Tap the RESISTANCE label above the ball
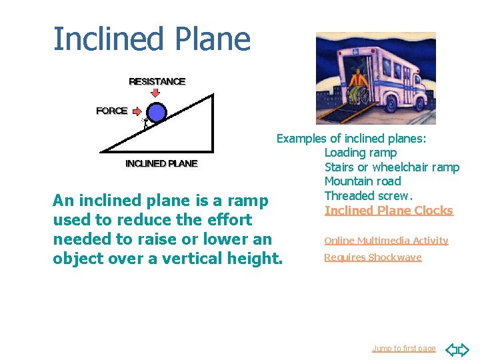[x=157, y=81]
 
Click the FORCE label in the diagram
[x=111, y=111]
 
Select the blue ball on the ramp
[x=156, y=113]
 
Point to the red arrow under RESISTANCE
[x=156, y=93]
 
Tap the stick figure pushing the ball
[x=143, y=124]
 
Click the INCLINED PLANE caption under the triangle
[x=161, y=163]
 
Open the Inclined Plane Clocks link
[x=389, y=211]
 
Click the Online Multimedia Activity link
[x=386, y=241]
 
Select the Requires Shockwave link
[x=373, y=257]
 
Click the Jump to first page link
[x=403, y=348]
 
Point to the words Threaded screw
[x=369, y=196]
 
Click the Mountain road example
[x=363, y=181]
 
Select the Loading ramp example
[x=361, y=153]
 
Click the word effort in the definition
[x=226, y=220]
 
